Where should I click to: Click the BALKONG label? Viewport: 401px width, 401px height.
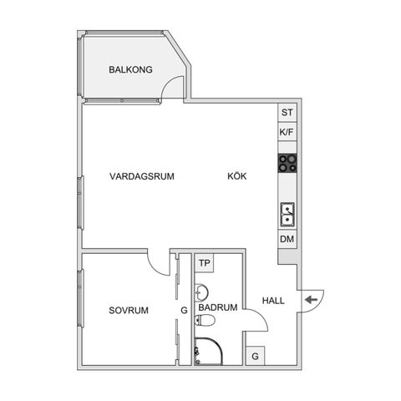coord(130,70)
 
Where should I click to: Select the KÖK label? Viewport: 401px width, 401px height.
coord(238,176)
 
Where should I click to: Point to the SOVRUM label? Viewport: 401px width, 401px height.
coord(129,310)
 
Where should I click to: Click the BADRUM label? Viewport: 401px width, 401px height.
coord(217,307)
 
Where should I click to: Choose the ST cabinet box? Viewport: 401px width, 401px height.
coord(287,113)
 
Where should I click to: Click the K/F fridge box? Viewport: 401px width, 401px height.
coord(287,132)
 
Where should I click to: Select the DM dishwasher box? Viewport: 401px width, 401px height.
coord(287,240)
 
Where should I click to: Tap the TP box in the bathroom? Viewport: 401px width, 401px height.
coord(204,263)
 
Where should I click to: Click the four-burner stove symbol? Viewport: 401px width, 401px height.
coord(287,163)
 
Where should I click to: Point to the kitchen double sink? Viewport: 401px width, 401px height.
coord(287,215)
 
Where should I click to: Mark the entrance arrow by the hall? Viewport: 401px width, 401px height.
coord(311,300)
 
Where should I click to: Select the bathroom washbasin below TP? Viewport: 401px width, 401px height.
coord(201,292)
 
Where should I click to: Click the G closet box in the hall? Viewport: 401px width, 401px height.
coord(255,356)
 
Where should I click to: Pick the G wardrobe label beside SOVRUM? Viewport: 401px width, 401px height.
coord(183,310)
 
